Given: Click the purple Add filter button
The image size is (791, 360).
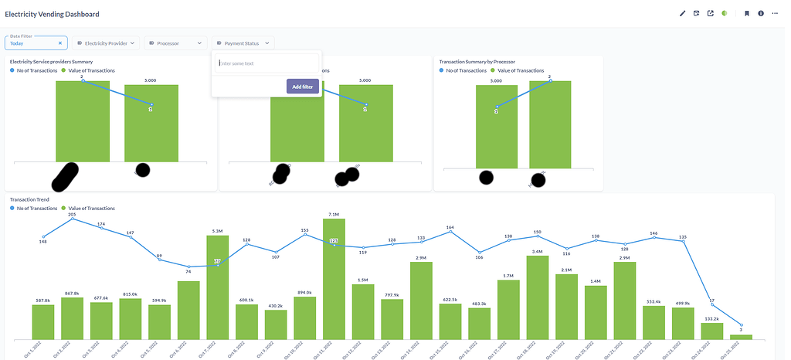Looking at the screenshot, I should tap(302, 87).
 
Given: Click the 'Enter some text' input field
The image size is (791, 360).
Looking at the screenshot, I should tap(266, 63).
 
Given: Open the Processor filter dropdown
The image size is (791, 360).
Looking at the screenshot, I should tap(175, 43).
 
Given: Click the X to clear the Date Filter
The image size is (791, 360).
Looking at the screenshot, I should tap(60, 43).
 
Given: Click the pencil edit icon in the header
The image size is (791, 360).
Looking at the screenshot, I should tap(682, 14).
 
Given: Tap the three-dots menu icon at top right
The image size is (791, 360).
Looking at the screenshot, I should tap(775, 14).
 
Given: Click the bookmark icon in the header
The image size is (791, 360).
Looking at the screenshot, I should tap(747, 14).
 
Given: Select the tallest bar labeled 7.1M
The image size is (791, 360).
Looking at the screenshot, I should tap(334, 278).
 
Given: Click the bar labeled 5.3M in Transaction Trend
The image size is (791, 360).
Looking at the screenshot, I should tap(217, 287).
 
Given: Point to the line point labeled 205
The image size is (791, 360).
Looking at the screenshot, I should tap(73, 219).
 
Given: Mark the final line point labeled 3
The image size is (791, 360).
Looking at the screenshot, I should tap(741, 324).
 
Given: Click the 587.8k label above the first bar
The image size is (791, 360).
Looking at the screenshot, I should tap(43, 301).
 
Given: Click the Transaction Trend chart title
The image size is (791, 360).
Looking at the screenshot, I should tap(29, 199).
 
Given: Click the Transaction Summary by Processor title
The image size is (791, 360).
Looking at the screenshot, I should tap(477, 62).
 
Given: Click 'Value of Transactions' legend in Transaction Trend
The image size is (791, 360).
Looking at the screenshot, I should tap(91, 209).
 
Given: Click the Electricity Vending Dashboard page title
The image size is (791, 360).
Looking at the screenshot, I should tap(52, 14).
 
